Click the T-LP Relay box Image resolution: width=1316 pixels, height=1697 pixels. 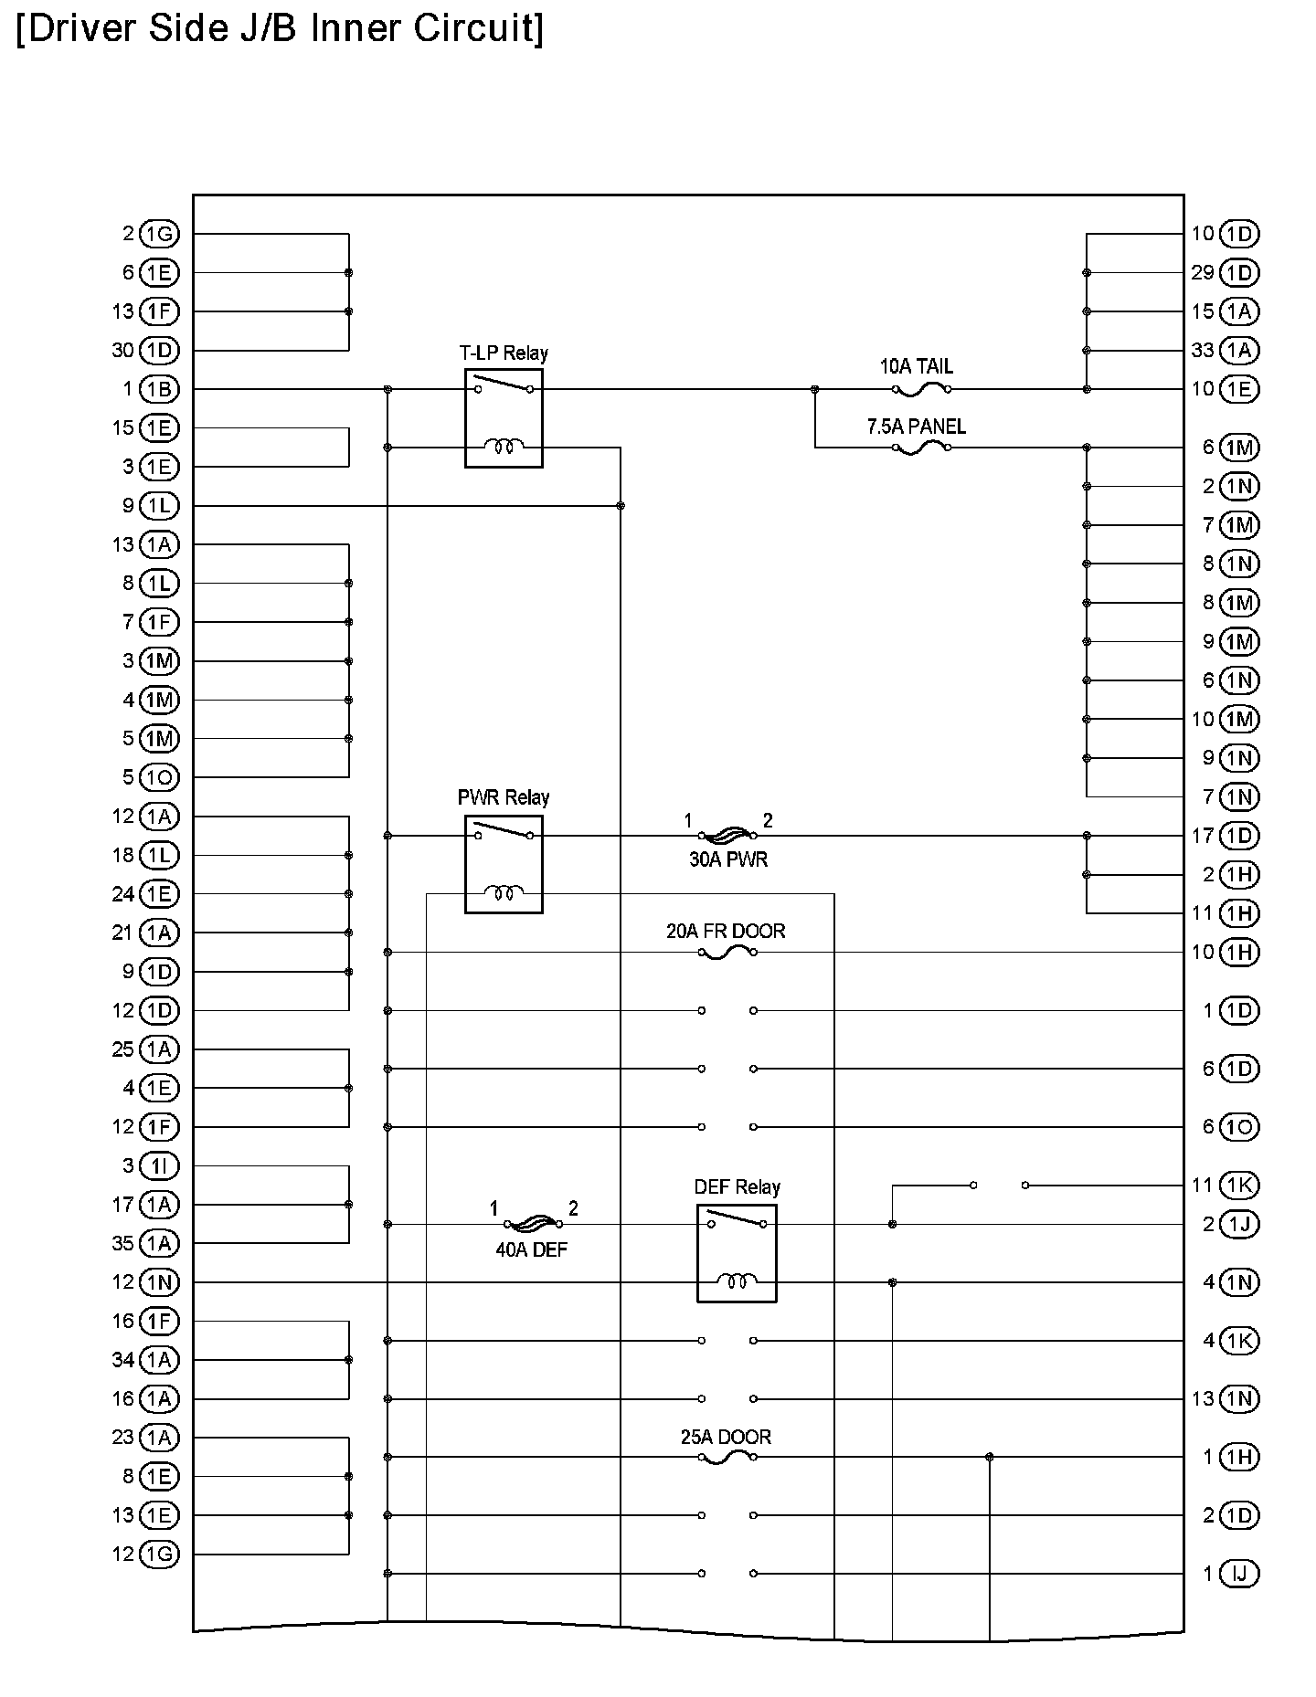point(504,418)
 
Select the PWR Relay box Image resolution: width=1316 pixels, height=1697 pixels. point(504,864)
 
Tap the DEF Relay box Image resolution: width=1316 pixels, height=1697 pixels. point(737,1253)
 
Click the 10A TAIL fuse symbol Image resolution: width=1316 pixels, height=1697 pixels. point(920,390)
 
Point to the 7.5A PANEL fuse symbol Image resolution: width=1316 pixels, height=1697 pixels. point(920,448)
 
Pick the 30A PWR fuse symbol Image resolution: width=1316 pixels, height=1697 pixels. point(727,835)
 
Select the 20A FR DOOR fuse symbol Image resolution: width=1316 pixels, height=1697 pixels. point(727,953)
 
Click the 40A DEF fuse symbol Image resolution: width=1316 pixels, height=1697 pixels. point(533,1224)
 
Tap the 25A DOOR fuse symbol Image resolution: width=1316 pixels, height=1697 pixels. point(727,1457)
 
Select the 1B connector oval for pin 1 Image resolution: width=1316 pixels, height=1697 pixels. point(160,390)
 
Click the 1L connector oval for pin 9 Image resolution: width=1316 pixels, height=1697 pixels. point(160,506)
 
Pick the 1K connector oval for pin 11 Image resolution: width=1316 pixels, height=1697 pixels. point(1239,1186)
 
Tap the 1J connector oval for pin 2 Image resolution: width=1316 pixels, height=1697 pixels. point(1239,1224)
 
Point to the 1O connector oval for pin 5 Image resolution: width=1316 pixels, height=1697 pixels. point(160,777)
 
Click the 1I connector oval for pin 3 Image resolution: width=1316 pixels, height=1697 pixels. point(160,1166)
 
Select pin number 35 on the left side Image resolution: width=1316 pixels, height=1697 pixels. point(123,1243)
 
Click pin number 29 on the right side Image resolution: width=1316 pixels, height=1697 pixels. point(1203,273)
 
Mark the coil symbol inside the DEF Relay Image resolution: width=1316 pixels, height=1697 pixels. point(737,1281)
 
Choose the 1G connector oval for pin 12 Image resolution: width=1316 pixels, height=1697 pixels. point(160,1554)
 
